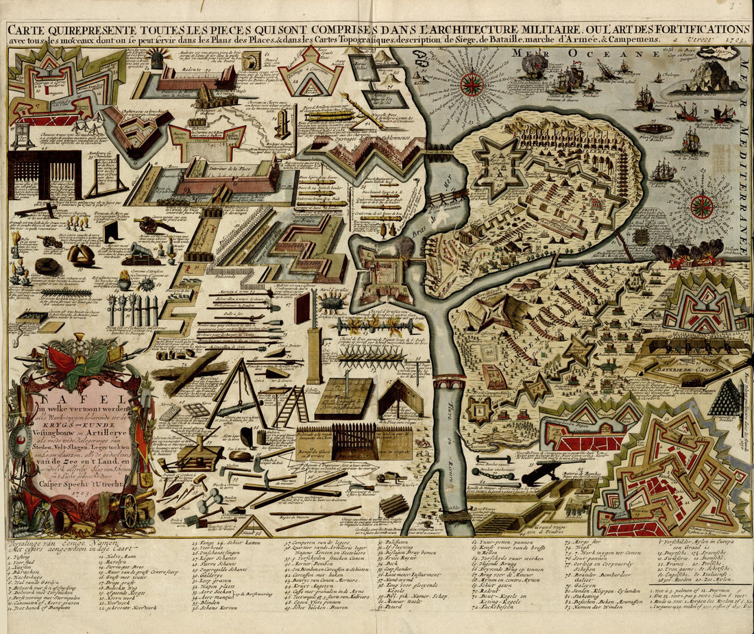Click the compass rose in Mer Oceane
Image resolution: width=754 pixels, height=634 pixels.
[472, 84]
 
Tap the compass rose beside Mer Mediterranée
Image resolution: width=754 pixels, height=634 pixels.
[701, 206]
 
